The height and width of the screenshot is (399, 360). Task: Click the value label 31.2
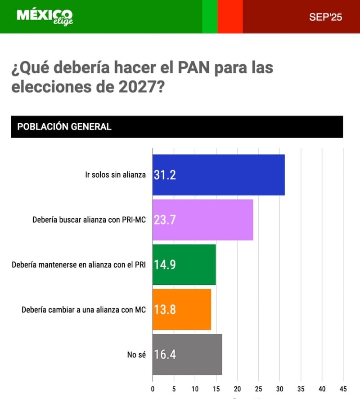(x=165, y=175)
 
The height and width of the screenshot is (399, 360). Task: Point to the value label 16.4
(x=165, y=354)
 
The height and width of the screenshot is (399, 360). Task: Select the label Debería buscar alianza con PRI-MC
(x=89, y=220)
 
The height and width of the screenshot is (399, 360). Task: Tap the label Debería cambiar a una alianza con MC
(x=84, y=309)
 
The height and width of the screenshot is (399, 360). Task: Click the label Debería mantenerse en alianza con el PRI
(x=79, y=265)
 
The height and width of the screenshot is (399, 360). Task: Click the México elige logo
(x=45, y=17)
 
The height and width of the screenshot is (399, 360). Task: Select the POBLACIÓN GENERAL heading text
(x=64, y=126)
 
